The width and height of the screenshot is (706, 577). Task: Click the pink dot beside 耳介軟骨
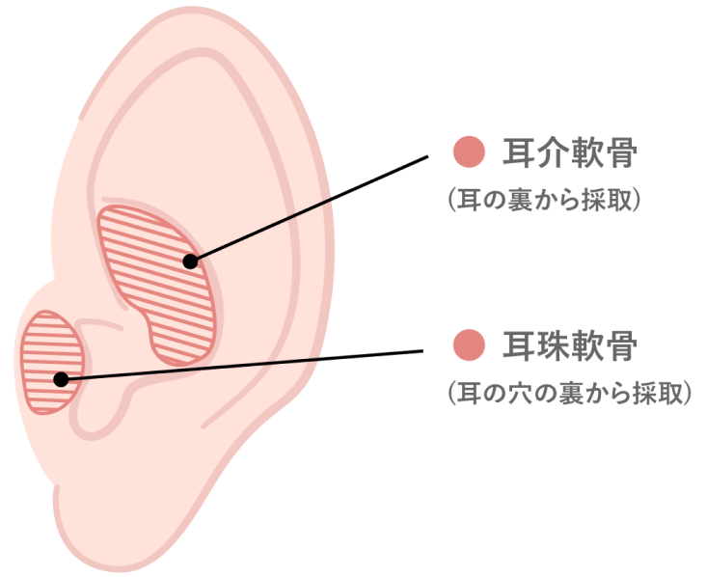(x=469, y=151)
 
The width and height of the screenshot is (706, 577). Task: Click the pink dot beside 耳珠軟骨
(x=469, y=344)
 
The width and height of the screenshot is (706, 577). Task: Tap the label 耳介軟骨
(x=571, y=152)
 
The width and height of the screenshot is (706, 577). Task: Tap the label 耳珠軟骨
(x=571, y=345)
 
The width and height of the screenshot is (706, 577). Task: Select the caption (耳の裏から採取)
(x=544, y=200)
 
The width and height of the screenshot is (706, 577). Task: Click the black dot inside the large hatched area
(x=190, y=261)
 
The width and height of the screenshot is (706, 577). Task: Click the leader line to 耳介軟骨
(x=309, y=207)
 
